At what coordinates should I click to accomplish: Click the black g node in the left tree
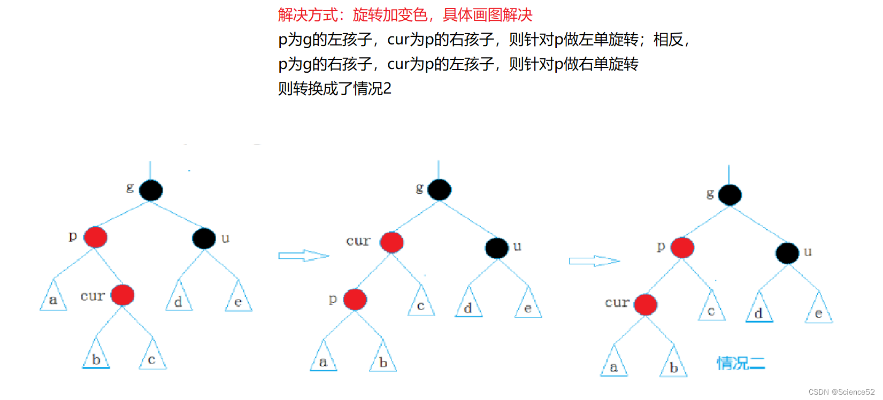point(151,190)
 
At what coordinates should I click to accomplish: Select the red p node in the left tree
point(96,237)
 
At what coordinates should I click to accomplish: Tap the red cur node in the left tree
point(122,295)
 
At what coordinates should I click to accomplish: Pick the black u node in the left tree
point(204,238)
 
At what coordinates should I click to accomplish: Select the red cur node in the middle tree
point(391,242)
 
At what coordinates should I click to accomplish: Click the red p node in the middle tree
point(355,299)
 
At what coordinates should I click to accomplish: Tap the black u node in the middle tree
point(497,248)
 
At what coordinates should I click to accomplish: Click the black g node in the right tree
point(730,195)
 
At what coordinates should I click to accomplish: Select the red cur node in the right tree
point(646,304)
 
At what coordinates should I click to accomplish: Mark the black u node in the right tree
point(787,253)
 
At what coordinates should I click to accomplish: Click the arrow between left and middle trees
point(303,256)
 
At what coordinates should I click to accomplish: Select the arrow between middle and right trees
point(594,261)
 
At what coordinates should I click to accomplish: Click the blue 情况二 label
point(741,364)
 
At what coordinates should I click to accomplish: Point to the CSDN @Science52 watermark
point(841,392)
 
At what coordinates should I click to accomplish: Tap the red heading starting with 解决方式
point(405,15)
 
